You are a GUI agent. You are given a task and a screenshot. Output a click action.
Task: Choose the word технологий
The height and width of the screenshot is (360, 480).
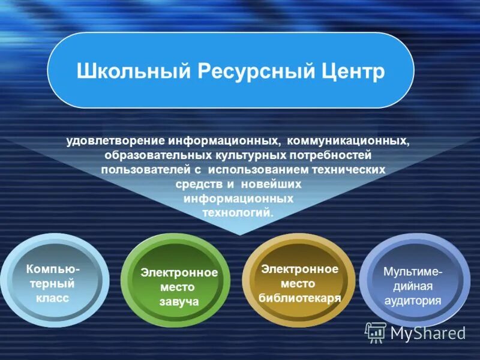coord(238,212)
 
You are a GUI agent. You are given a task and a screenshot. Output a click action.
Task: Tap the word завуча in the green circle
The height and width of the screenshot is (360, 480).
coord(179,302)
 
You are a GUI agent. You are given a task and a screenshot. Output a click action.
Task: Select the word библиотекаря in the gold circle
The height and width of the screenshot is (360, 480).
coord(299,298)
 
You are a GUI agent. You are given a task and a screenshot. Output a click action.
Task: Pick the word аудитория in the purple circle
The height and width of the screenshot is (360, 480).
coord(413,301)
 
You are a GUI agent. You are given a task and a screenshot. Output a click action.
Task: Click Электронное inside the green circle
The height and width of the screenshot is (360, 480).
coord(179,272)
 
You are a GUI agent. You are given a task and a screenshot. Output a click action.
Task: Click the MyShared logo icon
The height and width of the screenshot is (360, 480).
coord(376,332)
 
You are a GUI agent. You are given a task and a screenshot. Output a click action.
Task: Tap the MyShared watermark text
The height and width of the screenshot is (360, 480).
coord(428,333)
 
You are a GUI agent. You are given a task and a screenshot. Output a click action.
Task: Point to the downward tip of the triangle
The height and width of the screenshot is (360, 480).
coord(239,234)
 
